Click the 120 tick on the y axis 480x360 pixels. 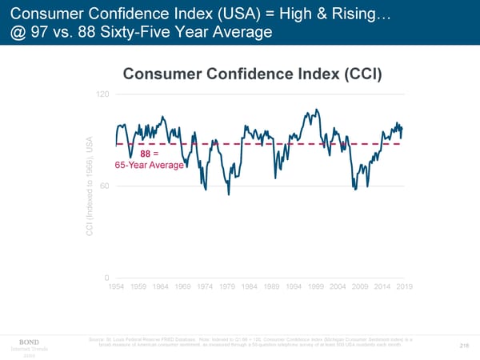point(102,94)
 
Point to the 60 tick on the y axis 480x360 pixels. point(104,186)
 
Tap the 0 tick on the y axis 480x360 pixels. point(106,278)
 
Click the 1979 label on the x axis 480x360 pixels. point(228,286)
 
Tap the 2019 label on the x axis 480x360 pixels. point(404,286)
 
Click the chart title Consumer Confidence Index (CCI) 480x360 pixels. point(253,74)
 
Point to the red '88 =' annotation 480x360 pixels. point(150,154)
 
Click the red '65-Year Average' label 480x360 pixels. point(150,166)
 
